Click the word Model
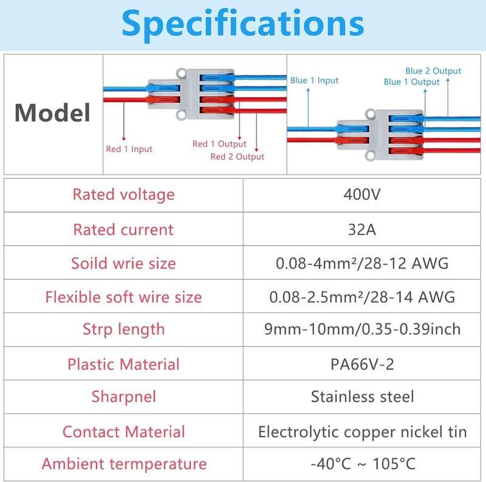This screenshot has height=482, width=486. pyautogui.click(x=52, y=112)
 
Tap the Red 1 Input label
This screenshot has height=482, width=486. pyautogui.click(x=129, y=149)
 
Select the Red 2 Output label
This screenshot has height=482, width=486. pyautogui.click(x=237, y=157)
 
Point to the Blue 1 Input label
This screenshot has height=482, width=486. pyautogui.click(x=314, y=81)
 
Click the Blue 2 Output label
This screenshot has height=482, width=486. pyautogui.click(x=433, y=71)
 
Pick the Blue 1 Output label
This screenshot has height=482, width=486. pyautogui.click(x=412, y=82)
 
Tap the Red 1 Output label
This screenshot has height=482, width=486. pyautogui.click(x=219, y=144)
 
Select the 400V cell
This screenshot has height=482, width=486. pyautogui.click(x=361, y=195)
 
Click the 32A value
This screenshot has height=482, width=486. pyautogui.click(x=361, y=230)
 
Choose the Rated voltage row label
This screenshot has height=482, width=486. pyautogui.click(x=123, y=195)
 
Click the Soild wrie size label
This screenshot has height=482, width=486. pyautogui.click(x=123, y=263)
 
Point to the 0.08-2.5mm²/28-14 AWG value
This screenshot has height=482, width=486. pyautogui.click(x=361, y=297)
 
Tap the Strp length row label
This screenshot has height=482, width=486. pyautogui.click(x=123, y=329)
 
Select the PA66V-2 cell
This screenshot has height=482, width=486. pyautogui.click(x=361, y=364)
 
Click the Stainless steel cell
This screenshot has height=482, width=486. pyautogui.click(x=362, y=397)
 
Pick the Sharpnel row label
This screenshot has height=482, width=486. pyautogui.click(x=123, y=398)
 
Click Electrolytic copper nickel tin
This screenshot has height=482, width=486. pyautogui.click(x=362, y=432)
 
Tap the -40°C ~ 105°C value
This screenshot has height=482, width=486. pyautogui.click(x=362, y=464)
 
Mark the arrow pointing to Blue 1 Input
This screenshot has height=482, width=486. pyautogui.click(x=308, y=108)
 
